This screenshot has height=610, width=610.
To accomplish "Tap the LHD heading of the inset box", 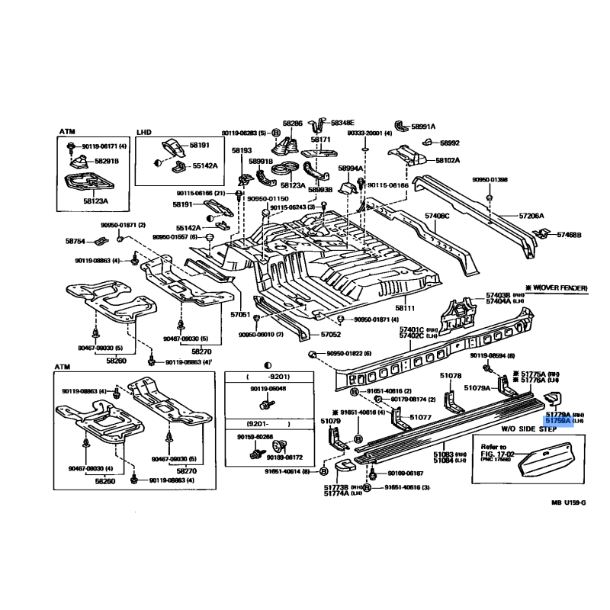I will coord(145,132).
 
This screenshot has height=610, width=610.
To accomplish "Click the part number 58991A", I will coord(423,127).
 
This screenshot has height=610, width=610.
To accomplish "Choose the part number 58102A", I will coord(448,161).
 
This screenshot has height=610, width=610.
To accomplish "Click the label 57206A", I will coord(532,216).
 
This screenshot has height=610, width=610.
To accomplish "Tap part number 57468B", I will coord(569,235).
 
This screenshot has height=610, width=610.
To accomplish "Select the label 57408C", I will coord(438,216).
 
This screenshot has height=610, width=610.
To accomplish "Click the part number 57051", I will coord(240,314).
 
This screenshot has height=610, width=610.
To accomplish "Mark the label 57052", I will coord(330,334).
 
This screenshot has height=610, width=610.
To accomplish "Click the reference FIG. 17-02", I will coord(496,454).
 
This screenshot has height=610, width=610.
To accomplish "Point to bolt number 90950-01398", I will coord(490,180).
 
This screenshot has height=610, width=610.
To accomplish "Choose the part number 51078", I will coord(451,375).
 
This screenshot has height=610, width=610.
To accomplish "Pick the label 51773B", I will coord(335,487).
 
